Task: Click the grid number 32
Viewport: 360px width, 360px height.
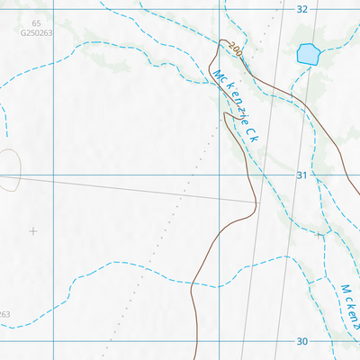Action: [x=301, y=8]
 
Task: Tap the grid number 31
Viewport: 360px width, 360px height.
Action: [x=301, y=175]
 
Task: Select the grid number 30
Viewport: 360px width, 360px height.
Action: [x=301, y=341]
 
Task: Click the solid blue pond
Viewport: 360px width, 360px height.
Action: [x=307, y=54]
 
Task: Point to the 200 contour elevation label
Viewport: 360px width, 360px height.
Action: [x=236, y=50]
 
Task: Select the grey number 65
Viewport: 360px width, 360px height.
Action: [x=35, y=23]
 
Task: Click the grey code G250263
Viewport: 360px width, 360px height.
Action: [x=35, y=33]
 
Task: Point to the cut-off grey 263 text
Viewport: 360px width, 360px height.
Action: [x=4, y=314]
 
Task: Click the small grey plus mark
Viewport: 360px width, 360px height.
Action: [x=33, y=231]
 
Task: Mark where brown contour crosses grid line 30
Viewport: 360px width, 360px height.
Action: [x=196, y=341]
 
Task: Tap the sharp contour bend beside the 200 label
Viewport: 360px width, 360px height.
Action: [x=221, y=40]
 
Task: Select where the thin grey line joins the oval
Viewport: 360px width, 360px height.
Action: [x=20, y=175]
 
